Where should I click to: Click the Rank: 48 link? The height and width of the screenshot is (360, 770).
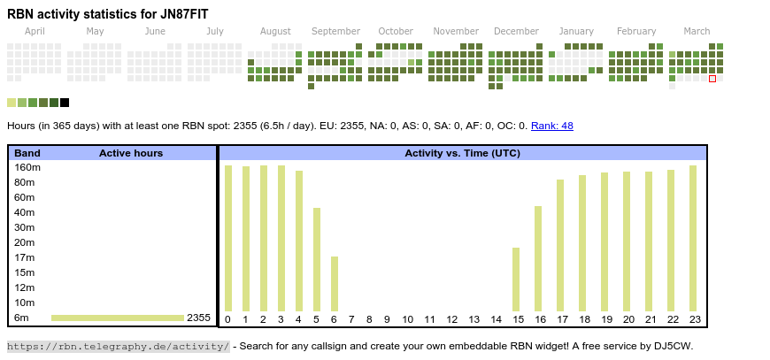[552, 126]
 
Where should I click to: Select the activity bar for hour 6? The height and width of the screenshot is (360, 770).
[334, 284]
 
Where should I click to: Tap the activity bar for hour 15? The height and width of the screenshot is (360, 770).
[516, 280]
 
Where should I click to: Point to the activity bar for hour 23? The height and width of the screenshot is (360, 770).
[693, 239]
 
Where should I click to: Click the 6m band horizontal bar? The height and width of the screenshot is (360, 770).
[118, 318]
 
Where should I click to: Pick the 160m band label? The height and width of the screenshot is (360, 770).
[27, 167]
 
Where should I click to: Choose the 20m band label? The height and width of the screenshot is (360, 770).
[25, 242]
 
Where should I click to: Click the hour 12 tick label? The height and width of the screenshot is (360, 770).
[451, 319]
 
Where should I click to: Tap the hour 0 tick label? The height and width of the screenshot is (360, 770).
[227, 319]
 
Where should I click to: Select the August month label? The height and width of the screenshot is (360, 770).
[275, 32]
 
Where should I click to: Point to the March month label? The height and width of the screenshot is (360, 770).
[697, 32]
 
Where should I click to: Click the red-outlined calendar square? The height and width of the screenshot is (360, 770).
[712, 79]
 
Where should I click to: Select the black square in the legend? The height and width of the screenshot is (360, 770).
[65, 103]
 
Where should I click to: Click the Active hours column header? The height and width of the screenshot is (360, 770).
[130, 153]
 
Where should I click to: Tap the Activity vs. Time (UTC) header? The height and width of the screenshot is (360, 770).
[462, 153]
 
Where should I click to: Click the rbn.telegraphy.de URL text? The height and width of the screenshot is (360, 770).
[118, 346]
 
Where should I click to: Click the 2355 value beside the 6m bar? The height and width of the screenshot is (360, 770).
[198, 318]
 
